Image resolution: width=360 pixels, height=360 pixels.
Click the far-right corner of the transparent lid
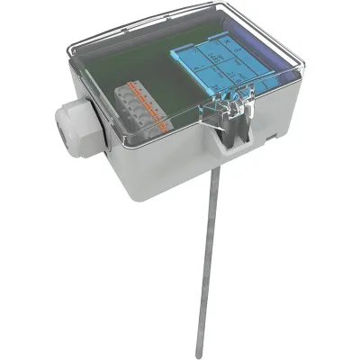[x=301, y=67]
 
